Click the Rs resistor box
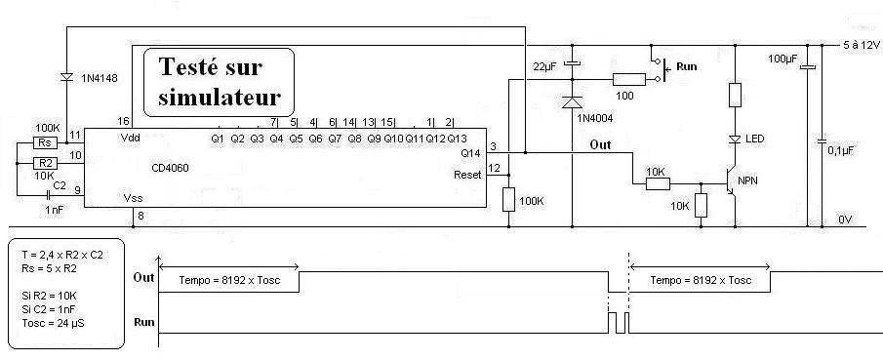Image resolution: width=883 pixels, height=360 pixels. [x=46, y=142]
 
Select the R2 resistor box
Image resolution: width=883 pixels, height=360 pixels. [x=46, y=163]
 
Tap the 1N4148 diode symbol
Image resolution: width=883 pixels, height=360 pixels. [x=66, y=78]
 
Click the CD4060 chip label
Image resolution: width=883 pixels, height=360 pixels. [x=170, y=168]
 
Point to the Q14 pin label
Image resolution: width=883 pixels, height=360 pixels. [x=472, y=153]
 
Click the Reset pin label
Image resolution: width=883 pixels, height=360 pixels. [x=467, y=175]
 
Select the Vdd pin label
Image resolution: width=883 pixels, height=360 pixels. [x=130, y=138]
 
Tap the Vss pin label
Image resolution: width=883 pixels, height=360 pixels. [x=133, y=198]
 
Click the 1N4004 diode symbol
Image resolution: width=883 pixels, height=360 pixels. [x=572, y=102]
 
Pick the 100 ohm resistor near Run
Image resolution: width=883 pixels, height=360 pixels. [x=629, y=79]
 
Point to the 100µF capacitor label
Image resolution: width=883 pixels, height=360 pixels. [x=784, y=59]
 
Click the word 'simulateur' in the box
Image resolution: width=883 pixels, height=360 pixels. [x=220, y=97]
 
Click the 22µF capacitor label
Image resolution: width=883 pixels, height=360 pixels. [x=544, y=66]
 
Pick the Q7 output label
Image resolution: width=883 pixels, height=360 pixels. [x=335, y=138]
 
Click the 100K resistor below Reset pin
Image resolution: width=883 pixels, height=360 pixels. [x=508, y=200]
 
